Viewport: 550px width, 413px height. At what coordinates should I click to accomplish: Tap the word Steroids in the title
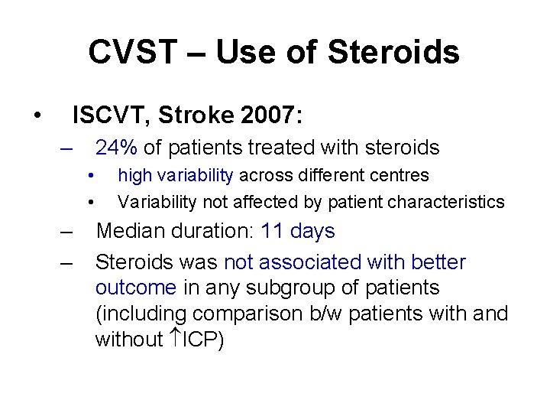393,53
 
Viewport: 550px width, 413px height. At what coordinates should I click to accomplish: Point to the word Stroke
192,115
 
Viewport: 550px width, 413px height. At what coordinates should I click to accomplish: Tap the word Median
132,231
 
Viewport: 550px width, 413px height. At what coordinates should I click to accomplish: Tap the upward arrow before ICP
170,339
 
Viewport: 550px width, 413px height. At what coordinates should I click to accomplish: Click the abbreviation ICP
200,339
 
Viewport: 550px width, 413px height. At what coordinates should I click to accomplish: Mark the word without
128,339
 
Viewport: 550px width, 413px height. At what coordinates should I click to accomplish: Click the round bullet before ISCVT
36,116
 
